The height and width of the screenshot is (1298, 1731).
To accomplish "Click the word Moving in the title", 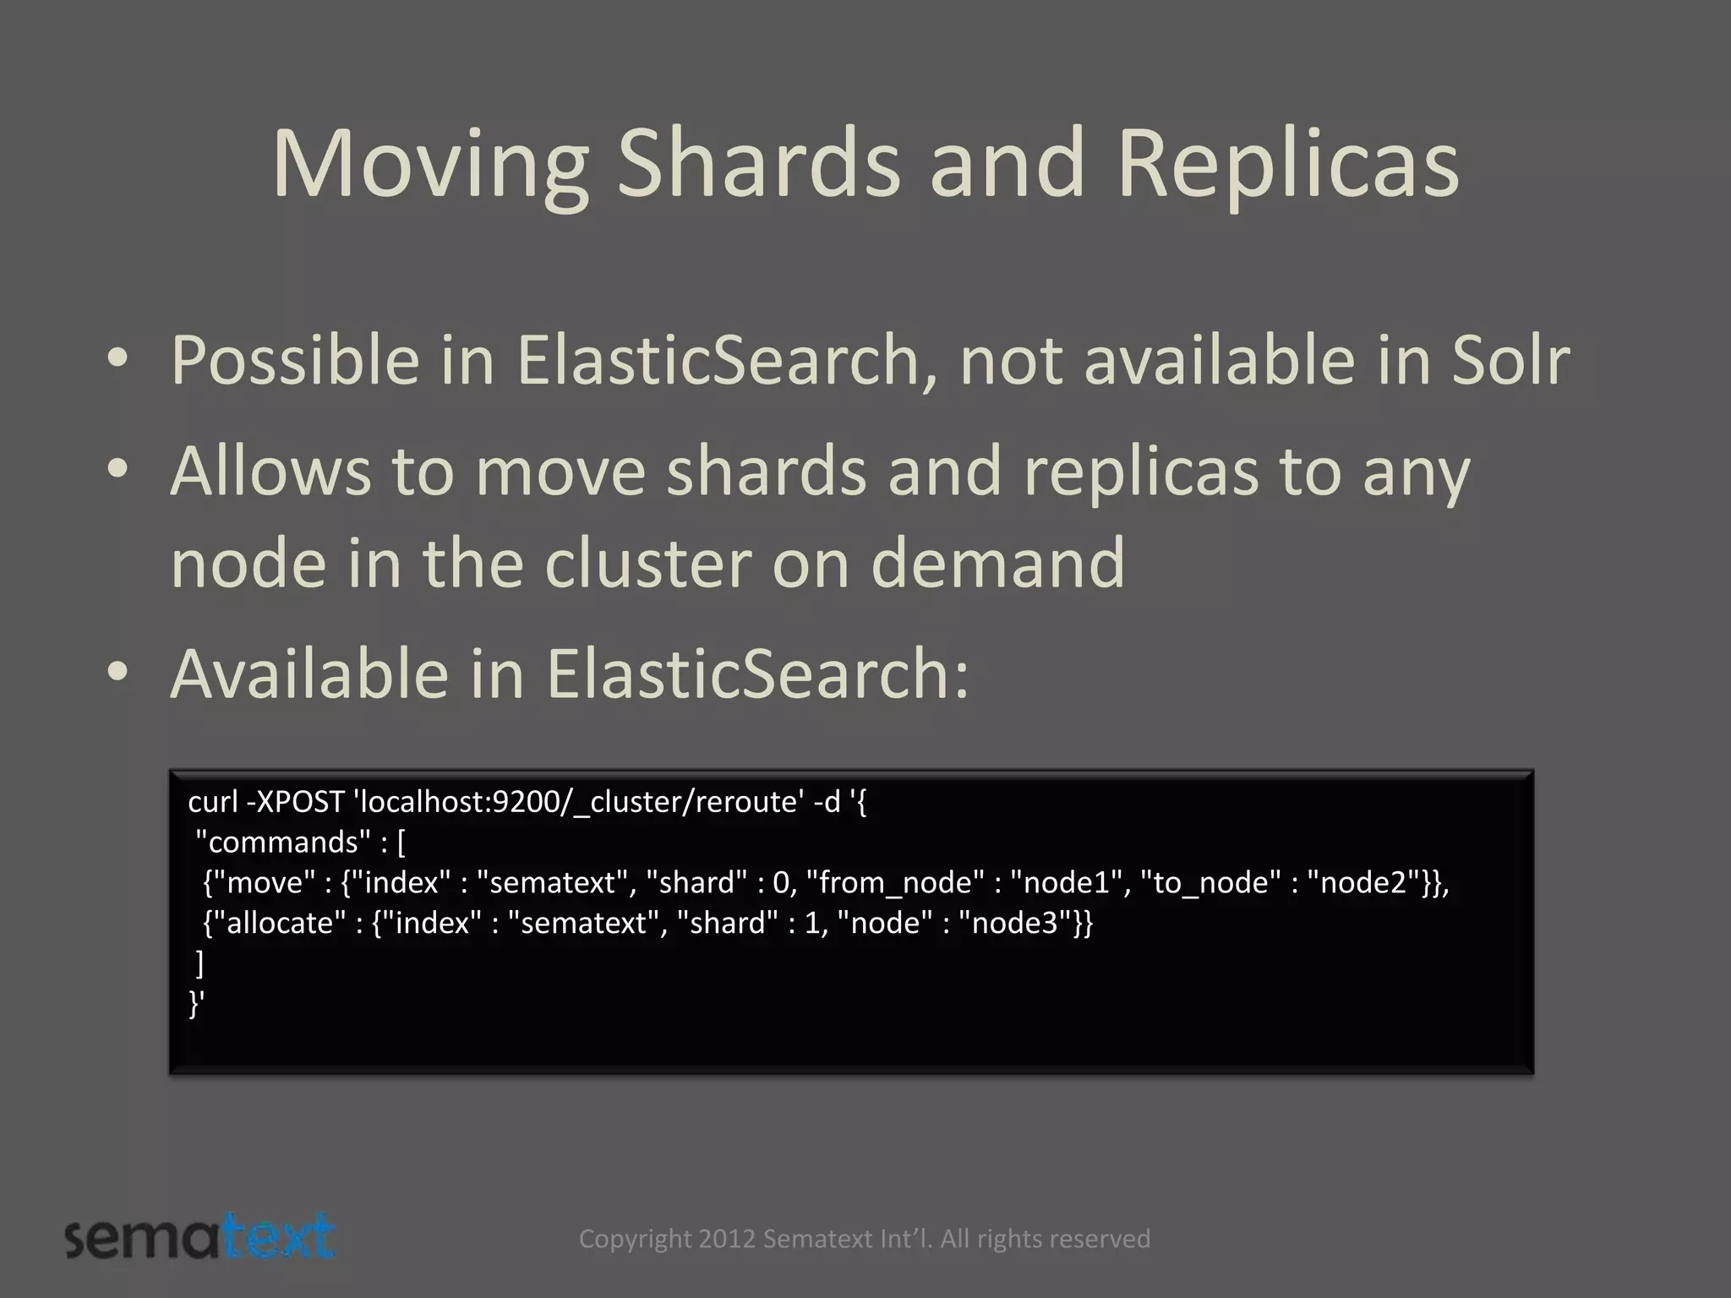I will (429, 165).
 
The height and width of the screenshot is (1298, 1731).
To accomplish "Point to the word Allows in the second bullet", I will (270, 471).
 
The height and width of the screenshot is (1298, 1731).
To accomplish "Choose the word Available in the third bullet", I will (309, 674).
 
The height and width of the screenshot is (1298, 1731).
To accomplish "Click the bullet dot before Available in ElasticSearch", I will (117, 672).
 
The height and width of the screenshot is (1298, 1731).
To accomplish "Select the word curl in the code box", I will (213, 801).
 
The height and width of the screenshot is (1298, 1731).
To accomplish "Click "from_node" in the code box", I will (895, 882).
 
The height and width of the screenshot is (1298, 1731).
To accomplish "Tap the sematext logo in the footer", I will (200, 1237).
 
